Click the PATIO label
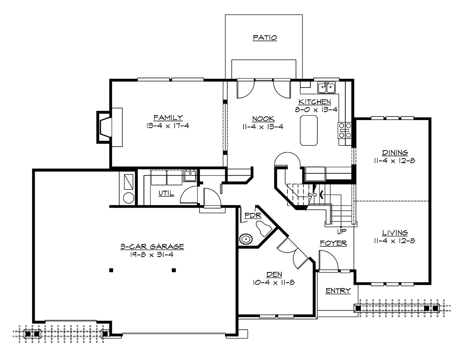coord(265,38)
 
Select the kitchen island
coord(309,131)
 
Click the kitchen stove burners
coord(345,130)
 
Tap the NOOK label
coord(263,119)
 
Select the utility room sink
coord(190,175)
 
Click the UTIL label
coord(166,193)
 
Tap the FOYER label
coord(333,243)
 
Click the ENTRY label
coord(338,291)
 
